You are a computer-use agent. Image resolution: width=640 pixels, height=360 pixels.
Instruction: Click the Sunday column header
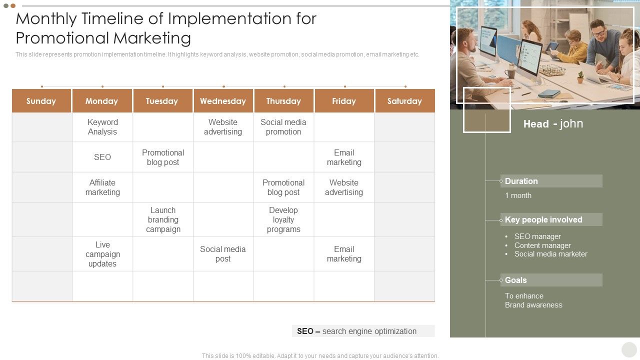[x=41, y=101]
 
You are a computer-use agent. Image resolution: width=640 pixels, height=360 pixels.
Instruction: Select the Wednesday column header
[x=223, y=101]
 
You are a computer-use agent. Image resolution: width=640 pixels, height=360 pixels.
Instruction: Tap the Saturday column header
[x=404, y=101]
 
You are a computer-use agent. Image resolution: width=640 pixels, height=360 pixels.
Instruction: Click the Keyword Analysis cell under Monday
[x=102, y=127]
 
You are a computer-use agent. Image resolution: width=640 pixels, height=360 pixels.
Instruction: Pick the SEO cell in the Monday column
[x=102, y=157]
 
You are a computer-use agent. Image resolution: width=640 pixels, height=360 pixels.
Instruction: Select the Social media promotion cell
[x=283, y=127]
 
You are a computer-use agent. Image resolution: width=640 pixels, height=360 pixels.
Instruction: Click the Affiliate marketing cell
[x=102, y=187]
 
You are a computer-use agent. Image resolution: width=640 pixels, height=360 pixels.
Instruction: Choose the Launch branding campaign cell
[x=163, y=219]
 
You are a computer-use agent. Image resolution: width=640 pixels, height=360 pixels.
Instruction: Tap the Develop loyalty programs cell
[x=283, y=219]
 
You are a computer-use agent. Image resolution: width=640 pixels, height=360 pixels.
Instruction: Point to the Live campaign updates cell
[x=102, y=254]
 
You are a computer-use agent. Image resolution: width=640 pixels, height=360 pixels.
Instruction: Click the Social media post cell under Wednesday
[x=223, y=254]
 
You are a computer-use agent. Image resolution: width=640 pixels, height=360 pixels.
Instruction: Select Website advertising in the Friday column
[x=344, y=187]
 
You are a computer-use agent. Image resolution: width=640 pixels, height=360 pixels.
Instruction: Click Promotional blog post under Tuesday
[x=163, y=157]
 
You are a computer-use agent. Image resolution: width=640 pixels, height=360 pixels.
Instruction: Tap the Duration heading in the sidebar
[x=521, y=181]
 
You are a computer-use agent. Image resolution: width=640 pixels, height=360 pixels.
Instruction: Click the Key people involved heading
[x=543, y=219]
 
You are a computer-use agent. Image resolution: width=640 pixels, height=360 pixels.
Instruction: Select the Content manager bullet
[x=542, y=245]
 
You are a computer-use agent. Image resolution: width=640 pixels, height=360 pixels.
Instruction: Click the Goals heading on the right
[x=516, y=280]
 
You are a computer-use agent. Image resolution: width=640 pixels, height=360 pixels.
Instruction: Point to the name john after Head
[x=571, y=123]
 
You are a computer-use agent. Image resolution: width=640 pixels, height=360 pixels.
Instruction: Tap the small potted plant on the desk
[x=580, y=77]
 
